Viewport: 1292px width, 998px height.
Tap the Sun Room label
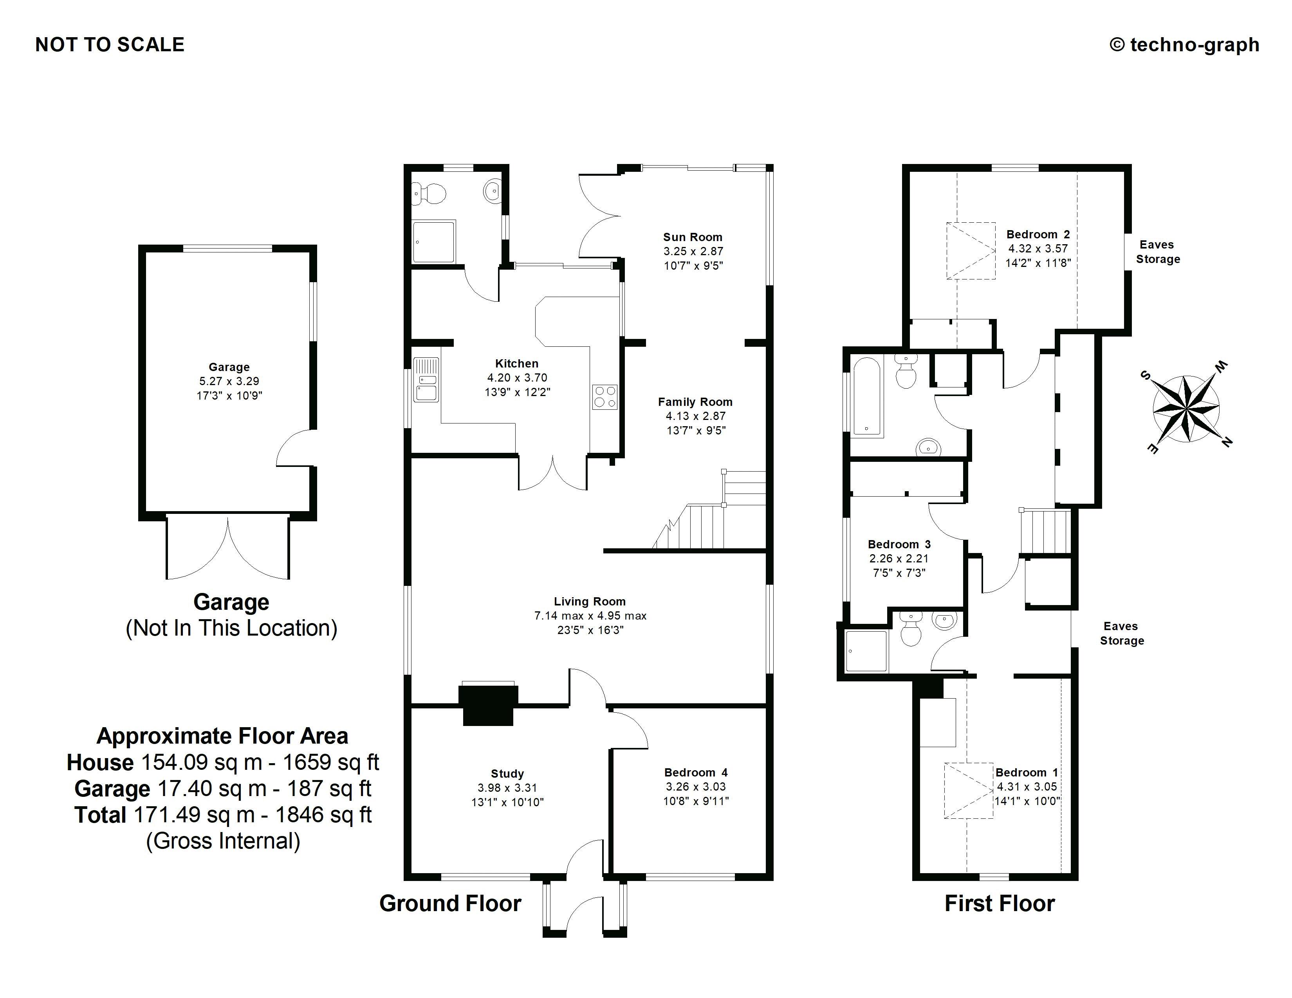point(692,237)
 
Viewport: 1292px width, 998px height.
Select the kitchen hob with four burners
point(604,397)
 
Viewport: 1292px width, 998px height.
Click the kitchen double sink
point(426,380)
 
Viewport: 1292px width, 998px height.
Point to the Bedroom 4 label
point(696,772)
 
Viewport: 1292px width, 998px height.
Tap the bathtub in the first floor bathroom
point(867,396)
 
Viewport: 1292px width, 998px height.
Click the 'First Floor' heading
point(999,903)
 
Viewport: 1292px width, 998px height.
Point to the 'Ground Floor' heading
point(450,903)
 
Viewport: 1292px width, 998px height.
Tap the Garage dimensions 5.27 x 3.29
point(229,381)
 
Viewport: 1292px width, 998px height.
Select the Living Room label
point(589,601)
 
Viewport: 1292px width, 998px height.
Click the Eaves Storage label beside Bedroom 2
point(1157,252)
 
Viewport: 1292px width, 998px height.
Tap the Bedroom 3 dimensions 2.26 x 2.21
point(899,558)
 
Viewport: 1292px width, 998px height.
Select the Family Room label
point(695,402)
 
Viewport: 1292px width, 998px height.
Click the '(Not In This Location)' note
point(231,628)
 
